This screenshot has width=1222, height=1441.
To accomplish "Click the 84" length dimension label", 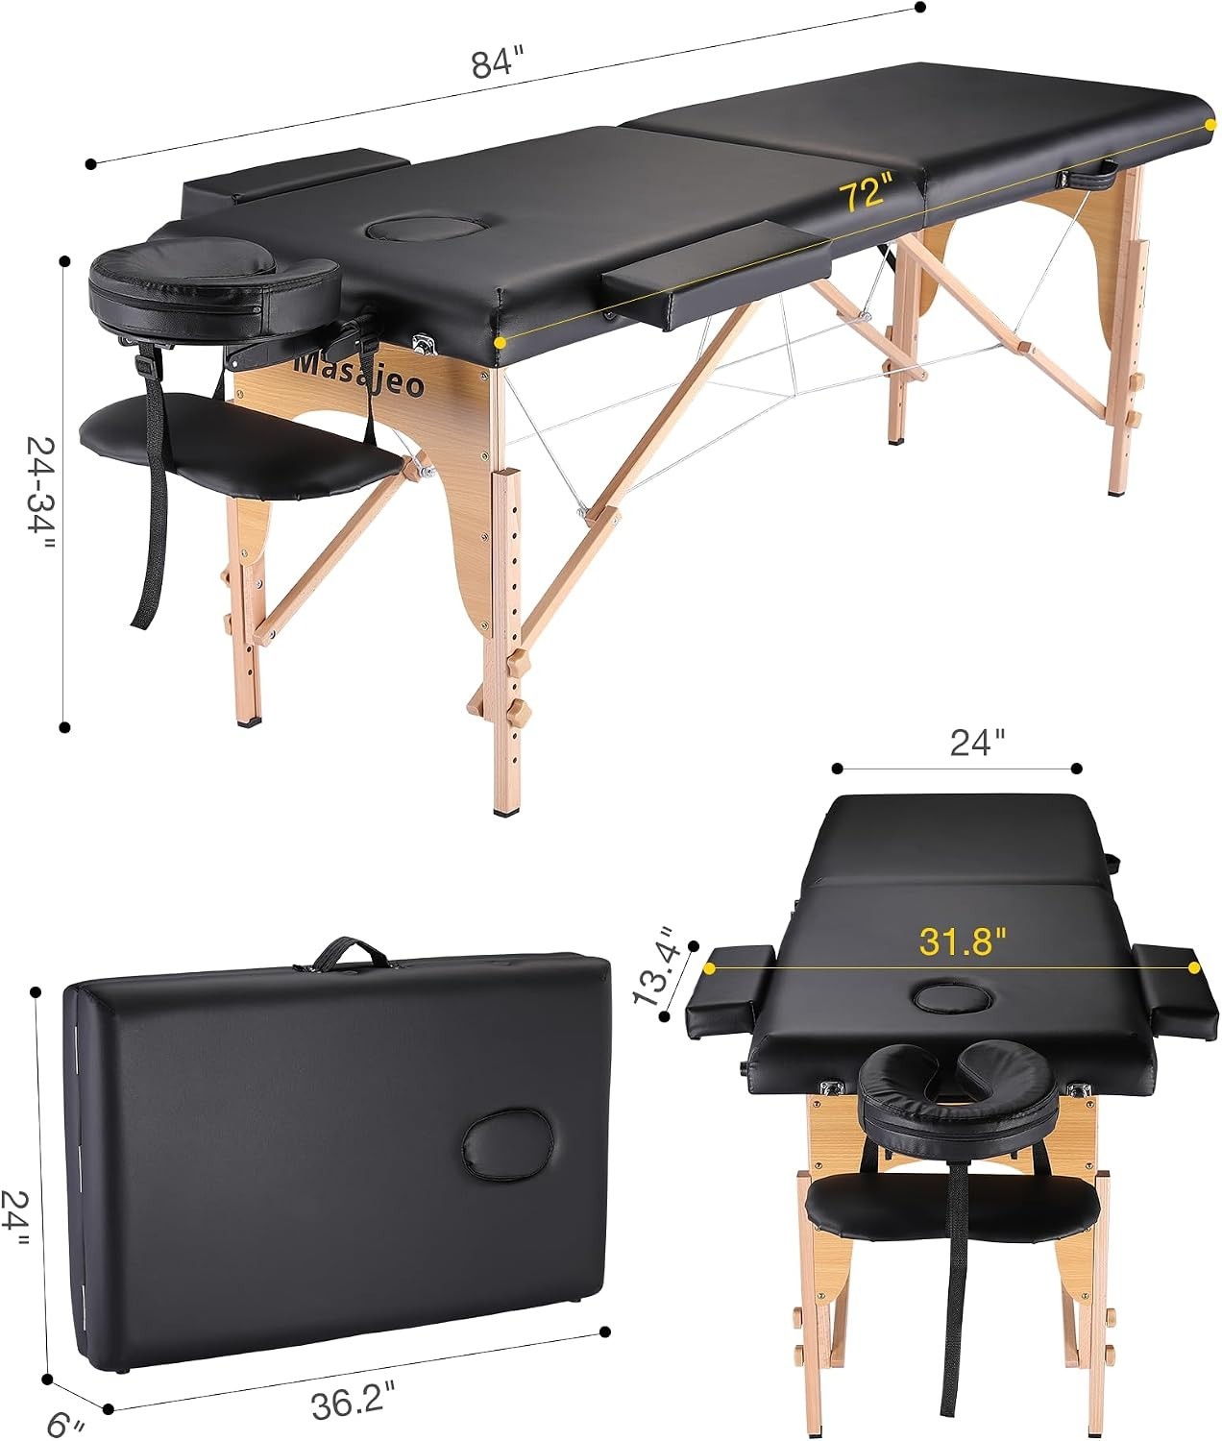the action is pos(497,62).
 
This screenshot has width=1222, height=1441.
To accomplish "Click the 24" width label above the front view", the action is pos(977,744).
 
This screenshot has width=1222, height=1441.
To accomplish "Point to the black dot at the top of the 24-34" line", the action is pos(65,261).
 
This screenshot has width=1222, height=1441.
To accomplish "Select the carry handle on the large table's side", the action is pos(1088,177).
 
